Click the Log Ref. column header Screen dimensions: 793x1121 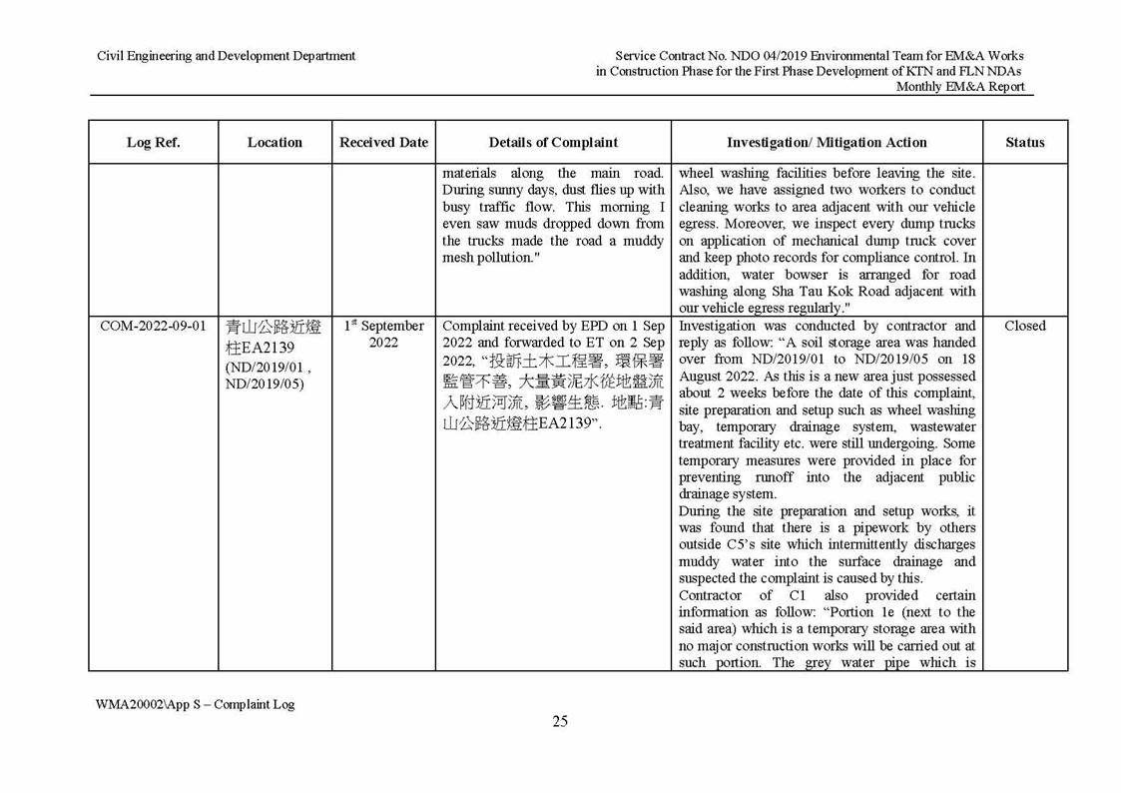click(x=153, y=143)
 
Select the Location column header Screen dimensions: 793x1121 click(x=275, y=143)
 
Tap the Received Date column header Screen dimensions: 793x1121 click(x=383, y=143)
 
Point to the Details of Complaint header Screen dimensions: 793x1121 click(x=553, y=143)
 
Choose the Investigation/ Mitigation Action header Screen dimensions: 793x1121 click(x=827, y=143)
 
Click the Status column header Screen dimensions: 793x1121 click(x=1024, y=143)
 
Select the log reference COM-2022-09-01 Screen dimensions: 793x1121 click(x=154, y=327)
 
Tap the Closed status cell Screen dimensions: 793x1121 click(x=1024, y=327)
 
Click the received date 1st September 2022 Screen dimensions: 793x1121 click(x=383, y=335)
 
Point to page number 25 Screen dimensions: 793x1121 click(x=560, y=722)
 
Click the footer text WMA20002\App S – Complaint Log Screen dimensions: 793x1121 click(x=196, y=704)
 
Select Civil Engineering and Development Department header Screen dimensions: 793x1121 click(x=226, y=56)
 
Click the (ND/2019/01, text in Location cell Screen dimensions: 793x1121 click(x=264, y=367)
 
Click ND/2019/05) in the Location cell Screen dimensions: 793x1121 click(x=267, y=385)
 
